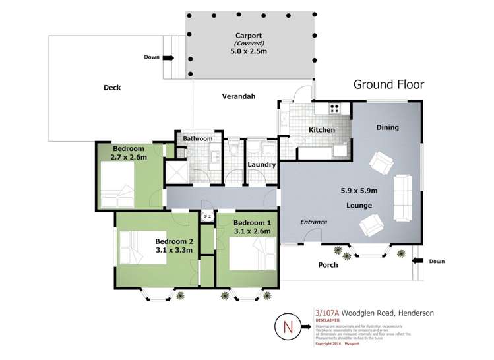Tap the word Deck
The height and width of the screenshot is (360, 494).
(112, 88)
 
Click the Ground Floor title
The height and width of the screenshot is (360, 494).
(388, 84)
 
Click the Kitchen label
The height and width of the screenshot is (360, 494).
(322, 130)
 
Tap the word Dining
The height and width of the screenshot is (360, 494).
(387, 127)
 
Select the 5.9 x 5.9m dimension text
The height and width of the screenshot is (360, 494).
(359, 191)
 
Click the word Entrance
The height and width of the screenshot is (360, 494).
(313, 222)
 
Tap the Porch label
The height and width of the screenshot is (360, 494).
(328, 265)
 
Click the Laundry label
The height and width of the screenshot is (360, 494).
(261, 165)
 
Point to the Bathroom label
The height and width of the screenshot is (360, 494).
(198, 139)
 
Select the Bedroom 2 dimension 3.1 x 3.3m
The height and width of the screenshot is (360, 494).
(173, 250)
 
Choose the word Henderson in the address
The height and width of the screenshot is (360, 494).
(412, 313)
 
